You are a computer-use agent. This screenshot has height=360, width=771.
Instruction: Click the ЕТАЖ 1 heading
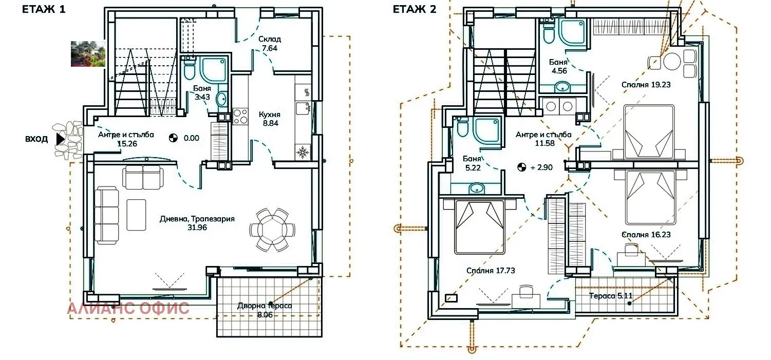[x=44, y=9]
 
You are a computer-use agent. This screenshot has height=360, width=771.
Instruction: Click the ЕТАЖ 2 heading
[x=415, y=9]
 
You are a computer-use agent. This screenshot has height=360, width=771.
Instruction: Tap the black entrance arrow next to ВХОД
[x=61, y=139]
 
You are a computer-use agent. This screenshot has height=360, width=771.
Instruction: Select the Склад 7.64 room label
[x=270, y=44]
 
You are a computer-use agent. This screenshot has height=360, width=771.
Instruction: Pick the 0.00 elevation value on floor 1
[x=192, y=138]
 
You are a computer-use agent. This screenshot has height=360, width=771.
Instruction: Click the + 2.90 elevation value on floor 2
[x=541, y=167]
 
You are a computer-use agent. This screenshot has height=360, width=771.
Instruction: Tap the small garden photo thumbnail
[x=88, y=54]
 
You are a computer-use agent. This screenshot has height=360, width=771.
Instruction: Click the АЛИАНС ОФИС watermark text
[x=128, y=308]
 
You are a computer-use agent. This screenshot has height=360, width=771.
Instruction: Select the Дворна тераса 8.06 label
[x=265, y=310]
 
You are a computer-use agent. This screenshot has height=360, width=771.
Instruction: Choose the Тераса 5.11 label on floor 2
[x=611, y=296]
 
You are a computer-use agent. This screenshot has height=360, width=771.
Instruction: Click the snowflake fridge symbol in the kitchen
[x=303, y=152]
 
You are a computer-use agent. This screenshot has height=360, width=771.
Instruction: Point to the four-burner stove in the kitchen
[x=240, y=117]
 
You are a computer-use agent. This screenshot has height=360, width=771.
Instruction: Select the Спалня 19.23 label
[x=646, y=85]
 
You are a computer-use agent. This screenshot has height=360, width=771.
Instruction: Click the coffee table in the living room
[x=136, y=215]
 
